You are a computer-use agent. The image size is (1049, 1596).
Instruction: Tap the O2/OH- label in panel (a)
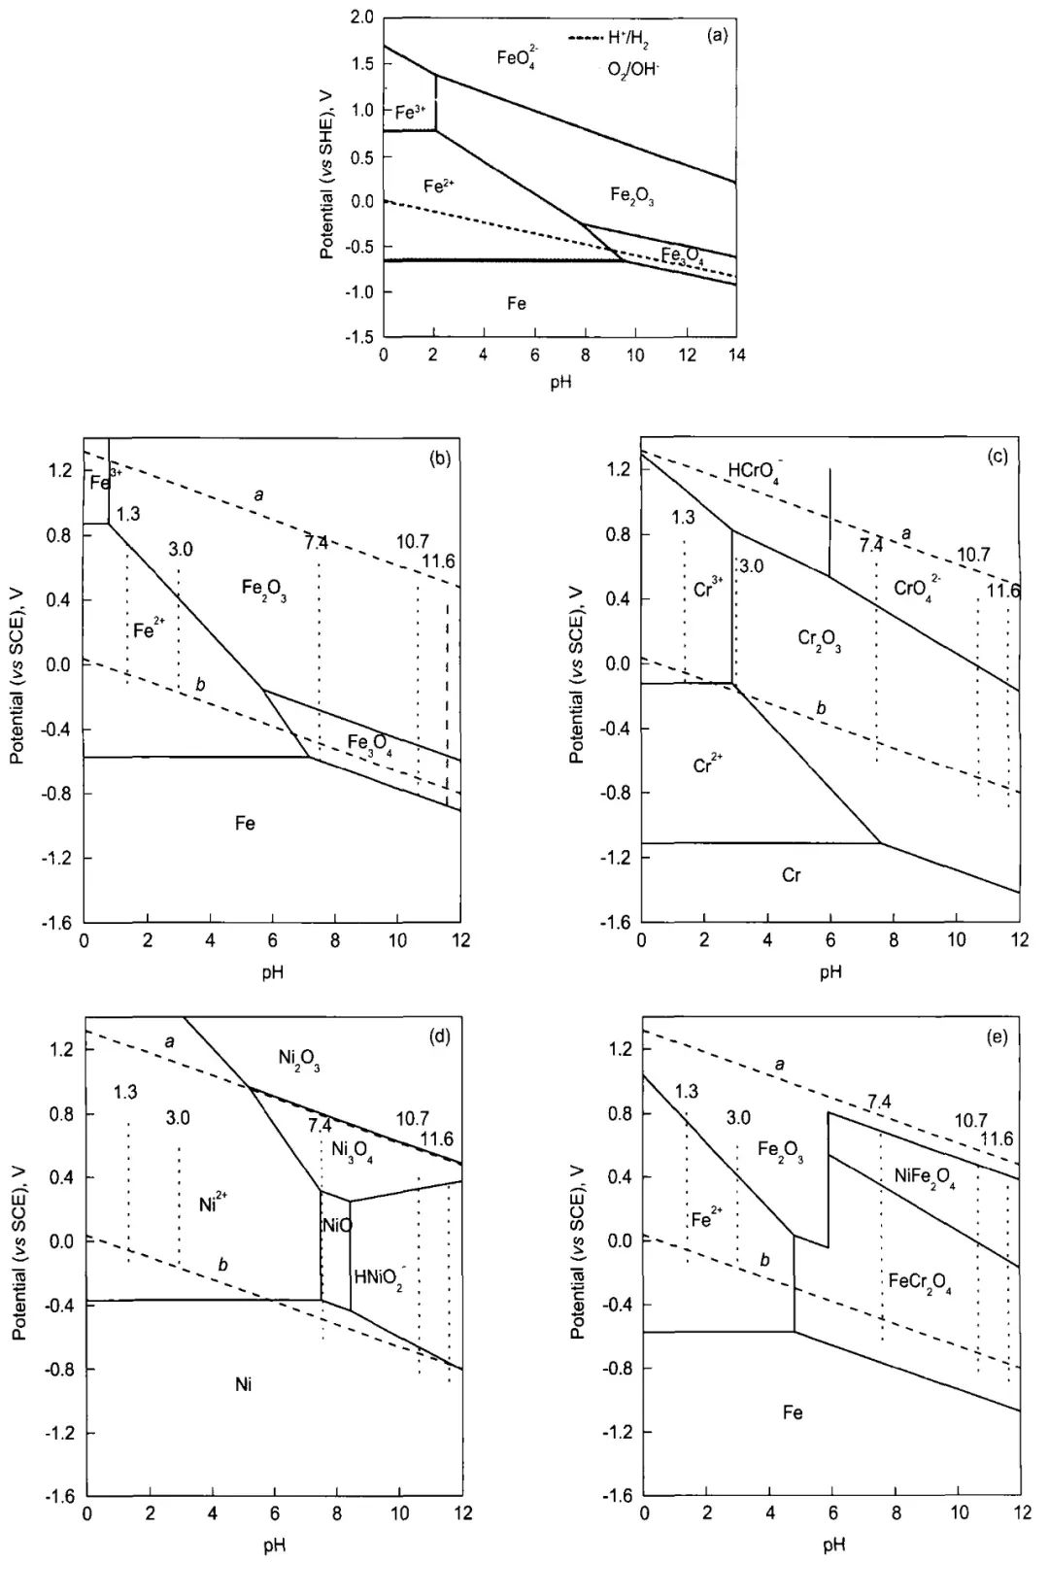[633, 70]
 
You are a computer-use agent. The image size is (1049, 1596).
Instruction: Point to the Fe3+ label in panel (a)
[410, 113]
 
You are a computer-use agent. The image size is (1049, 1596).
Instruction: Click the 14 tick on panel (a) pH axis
[735, 356]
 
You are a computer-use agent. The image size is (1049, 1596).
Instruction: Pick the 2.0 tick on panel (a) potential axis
[362, 18]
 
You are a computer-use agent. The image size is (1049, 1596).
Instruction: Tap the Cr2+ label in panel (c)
[709, 765]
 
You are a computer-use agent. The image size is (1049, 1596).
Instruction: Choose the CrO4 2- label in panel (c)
[917, 588]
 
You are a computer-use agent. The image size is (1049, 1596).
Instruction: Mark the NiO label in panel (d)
[336, 1226]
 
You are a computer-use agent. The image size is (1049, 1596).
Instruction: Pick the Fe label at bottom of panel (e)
[793, 1412]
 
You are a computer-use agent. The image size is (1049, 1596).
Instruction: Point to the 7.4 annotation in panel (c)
[870, 545]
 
